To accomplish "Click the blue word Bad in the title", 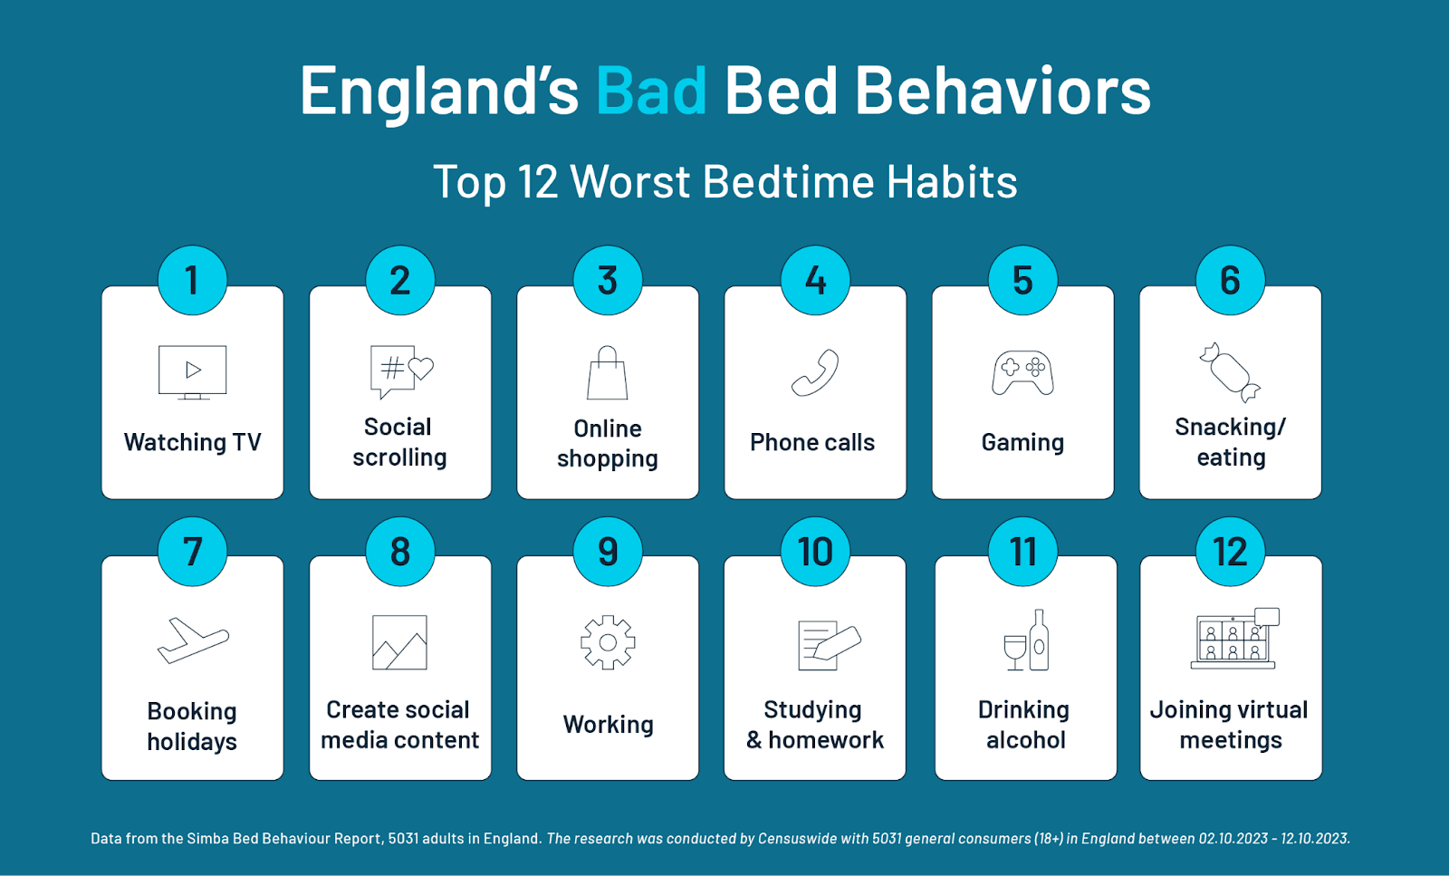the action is (x=651, y=91).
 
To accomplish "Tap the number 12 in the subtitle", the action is (x=538, y=181).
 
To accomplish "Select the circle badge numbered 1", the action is (x=192, y=280).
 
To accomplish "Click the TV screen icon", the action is (x=193, y=372).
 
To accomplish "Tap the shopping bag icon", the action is (x=608, y=372).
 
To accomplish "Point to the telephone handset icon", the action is (x=815, y=372).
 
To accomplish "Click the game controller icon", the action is (x=1022, y=373).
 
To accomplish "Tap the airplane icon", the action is (x=193, y=640).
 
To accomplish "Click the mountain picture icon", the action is (x=399, y=642).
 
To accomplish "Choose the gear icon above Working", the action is (x=608, y=642).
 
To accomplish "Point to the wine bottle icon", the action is (x=1039, y=640).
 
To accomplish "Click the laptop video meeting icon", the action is (x=1234, y=639).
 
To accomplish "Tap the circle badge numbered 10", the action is (x=815, y=552).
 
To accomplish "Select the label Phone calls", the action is (x=811, y=442).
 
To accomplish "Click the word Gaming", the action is (x=1022, y=443).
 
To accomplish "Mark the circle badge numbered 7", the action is (x=192, y=552).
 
